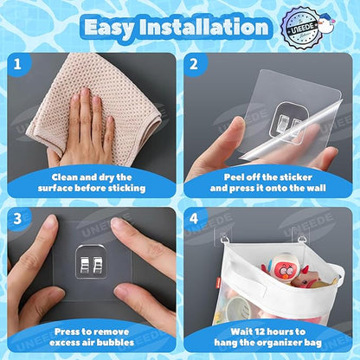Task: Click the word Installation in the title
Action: pyautogui.click(x=204, y=27)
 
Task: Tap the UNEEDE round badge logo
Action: pyautogui.click(x=300, y=28)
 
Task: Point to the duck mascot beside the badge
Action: pyautogui.click(x=327, y=23)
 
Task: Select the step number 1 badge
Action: pyautogui.click(x=17, y=64)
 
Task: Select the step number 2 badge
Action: pyautogui.click(x=194, y=64)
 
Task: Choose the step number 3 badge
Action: pyautogui.click(x=17, y=218)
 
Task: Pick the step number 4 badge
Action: pyautogui.click(x=194, y=218)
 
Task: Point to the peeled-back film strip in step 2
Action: pyautogui.click(x=292, y=129)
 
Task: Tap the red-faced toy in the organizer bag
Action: pyautogui.click(x=279, y=269)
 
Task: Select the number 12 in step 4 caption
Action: pyautogui.click(x=261, y=331)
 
